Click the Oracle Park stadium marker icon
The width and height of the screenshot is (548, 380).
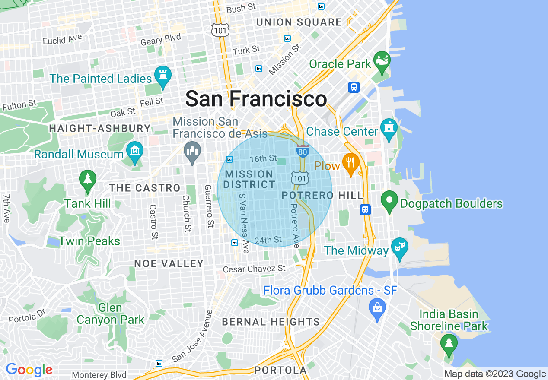coord(382,61)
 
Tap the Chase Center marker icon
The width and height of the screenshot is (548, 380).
coord(389,129)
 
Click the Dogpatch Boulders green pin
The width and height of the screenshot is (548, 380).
coord(389,202)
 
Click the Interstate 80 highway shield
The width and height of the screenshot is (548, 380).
coord(303,151)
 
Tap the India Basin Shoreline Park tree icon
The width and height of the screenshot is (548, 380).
coord(449,344)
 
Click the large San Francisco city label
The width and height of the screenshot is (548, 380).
coord(256,99)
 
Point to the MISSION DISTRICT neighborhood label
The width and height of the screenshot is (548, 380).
coord(249,179)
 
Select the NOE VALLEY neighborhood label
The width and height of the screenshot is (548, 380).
coord(169,263)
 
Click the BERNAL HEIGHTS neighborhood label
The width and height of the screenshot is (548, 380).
coord(271,322)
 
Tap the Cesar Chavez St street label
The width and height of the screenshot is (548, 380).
coord(254,269)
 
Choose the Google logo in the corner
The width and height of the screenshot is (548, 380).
coord(29,370)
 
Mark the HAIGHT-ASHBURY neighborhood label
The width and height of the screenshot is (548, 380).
coord(100,128)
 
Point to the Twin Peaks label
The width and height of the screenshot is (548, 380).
coord(89,241)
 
